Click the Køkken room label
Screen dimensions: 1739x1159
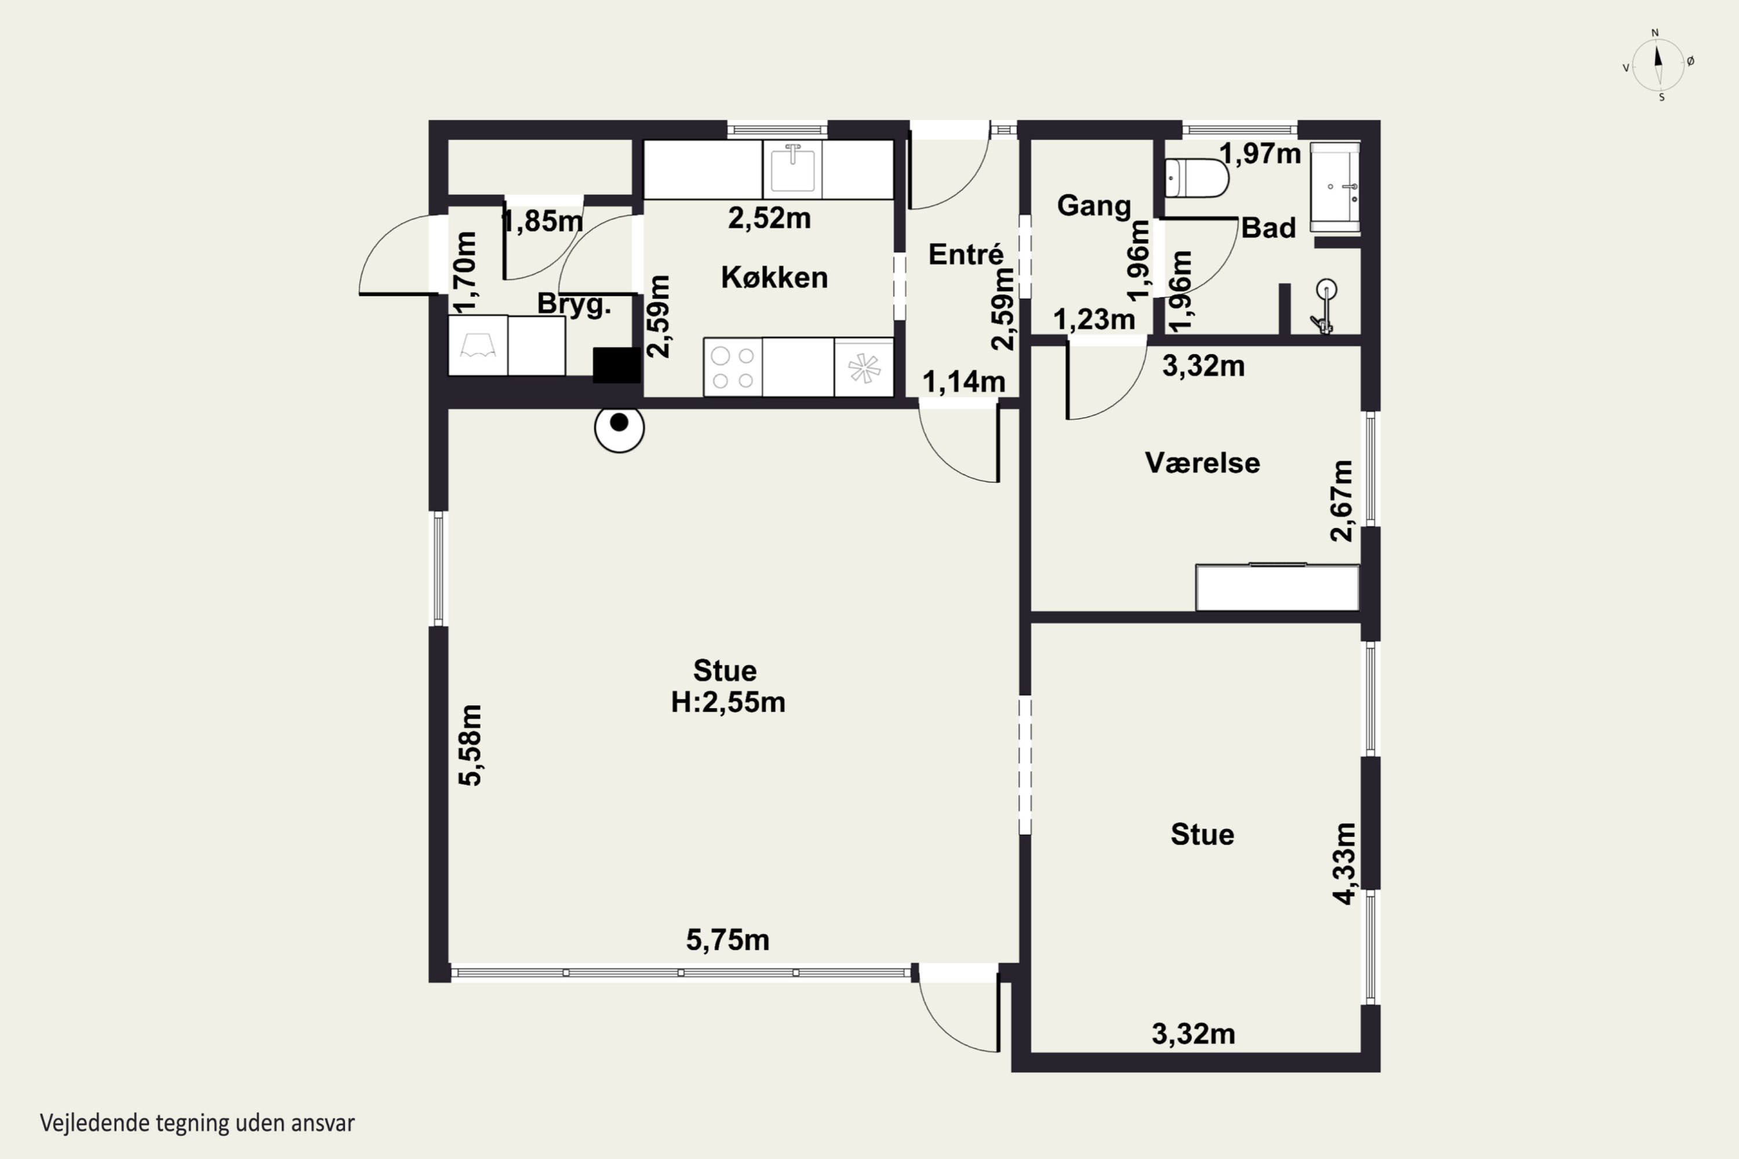(x=774, y=277)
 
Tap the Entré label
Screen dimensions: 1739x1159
(x=966, y=254)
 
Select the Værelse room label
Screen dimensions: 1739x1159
(x=1202, y=462)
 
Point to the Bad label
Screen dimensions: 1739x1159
(x=1268, y=228)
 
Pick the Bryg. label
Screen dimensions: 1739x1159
(x=574, y=304)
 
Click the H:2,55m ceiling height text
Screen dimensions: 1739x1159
(x=728, y=701)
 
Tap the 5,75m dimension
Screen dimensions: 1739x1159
(x=727, y=940)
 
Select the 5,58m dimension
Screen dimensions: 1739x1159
(x=470, y=745)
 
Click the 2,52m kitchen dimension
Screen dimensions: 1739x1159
(x=769, y=218)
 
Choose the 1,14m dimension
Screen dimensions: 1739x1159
(x=963, y=381)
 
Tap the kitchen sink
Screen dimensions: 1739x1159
(x=792, y=169)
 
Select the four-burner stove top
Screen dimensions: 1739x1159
(x=733, y=367)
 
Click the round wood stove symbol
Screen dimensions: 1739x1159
(x=620, y=428)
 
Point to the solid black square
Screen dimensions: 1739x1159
(x=617, y=365)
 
